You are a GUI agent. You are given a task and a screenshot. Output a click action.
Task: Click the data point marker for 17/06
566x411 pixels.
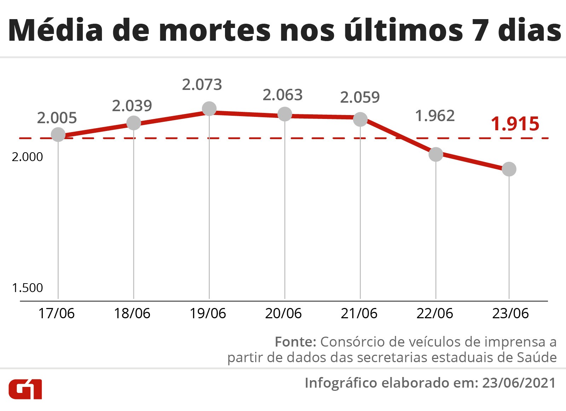tap(58, 135)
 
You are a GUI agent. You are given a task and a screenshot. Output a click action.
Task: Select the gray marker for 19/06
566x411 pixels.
tap(209, 109)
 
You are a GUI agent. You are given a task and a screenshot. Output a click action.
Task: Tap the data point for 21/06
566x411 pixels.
tap(360, 119)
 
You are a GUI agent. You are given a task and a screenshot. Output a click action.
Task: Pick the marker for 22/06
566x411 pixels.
tap(436, 154)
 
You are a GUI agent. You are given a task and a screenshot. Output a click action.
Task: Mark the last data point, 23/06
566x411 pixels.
tap(509, 169)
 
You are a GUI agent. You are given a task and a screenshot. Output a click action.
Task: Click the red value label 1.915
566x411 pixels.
tap(515, 124)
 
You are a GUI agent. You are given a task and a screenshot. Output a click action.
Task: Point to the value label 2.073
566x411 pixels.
tap(202, 85)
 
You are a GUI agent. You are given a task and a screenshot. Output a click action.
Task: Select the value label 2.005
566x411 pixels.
tap(57, 118)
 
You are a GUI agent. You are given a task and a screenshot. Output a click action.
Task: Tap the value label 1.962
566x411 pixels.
tap(435, 116)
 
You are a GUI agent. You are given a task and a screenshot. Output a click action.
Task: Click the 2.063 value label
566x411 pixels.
tap(283, 95)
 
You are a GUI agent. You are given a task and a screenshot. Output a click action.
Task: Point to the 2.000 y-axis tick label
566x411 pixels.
tap(27, 156)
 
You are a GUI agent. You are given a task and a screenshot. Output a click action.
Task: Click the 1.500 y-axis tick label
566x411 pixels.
tap(27, 288)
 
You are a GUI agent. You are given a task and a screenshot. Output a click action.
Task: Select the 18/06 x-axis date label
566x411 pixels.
tap(132, 313)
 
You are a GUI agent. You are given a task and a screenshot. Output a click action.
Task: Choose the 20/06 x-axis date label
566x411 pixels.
tap(283, 313)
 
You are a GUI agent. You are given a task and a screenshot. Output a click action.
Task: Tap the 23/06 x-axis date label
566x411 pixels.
tap(510, 313)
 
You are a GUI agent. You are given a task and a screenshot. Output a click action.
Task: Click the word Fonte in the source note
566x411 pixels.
tap(295, 342)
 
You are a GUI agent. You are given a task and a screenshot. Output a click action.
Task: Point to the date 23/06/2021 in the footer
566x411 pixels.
tap(519, 383)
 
